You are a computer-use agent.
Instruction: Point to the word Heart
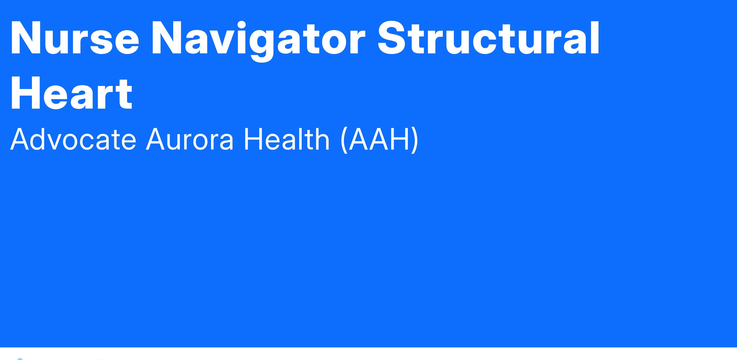click(x=71, y=93)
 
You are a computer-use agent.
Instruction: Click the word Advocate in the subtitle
click(x=73, y=139)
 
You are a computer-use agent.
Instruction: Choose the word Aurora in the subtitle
click(x=189, y=140)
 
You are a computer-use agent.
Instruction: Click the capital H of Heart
click(x=26, y=93)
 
